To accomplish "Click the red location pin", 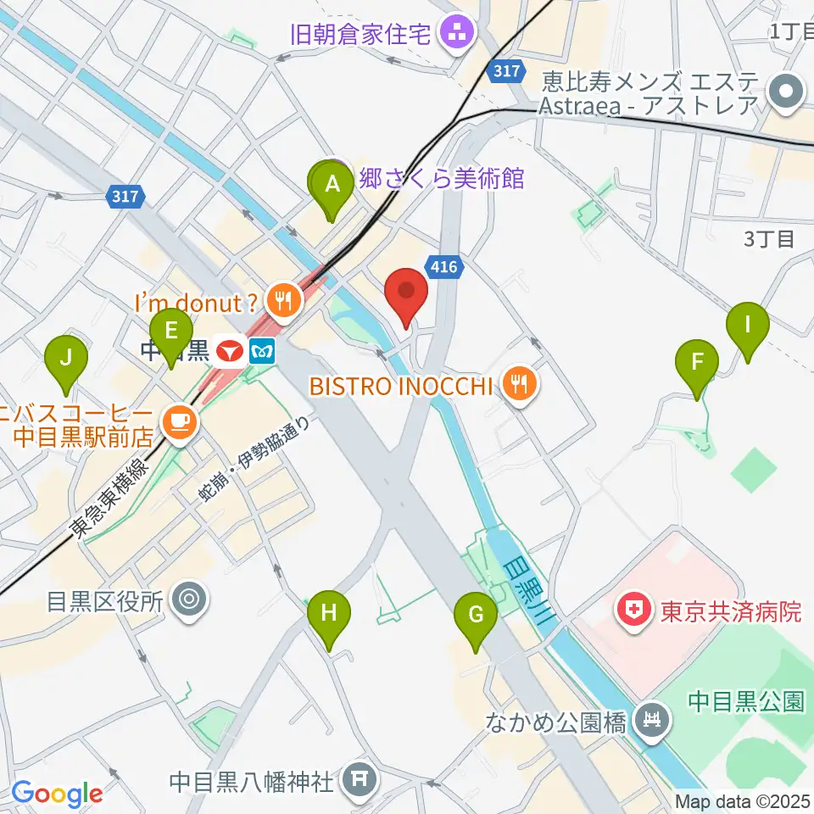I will tap(406, 293).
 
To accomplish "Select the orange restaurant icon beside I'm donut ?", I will tap(281, 299).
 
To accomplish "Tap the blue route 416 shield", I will tap(448, 268).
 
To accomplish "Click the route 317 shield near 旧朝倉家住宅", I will tap(506, 72).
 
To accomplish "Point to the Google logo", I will tap(57, 794).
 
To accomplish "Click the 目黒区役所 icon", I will tap(188, 601).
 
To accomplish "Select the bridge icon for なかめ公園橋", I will tap(652, 722).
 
